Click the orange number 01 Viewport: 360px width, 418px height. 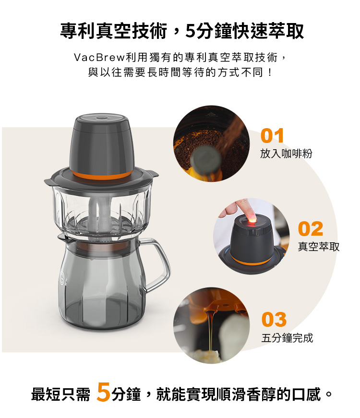272,136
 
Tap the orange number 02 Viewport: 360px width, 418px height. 311,229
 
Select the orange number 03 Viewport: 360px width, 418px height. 274,319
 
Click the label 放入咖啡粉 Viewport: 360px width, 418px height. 286,154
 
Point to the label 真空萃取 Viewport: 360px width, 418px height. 319,247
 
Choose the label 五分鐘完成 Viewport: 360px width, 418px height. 287,338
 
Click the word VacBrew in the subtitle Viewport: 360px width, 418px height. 99,57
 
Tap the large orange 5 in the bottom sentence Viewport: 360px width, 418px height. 104,392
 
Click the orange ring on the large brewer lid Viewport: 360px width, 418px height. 101,175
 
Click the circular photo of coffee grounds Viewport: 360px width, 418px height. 212,143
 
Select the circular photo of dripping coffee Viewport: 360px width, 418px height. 212,325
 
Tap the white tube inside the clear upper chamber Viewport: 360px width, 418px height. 99,213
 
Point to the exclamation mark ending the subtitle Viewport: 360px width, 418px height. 270,72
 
